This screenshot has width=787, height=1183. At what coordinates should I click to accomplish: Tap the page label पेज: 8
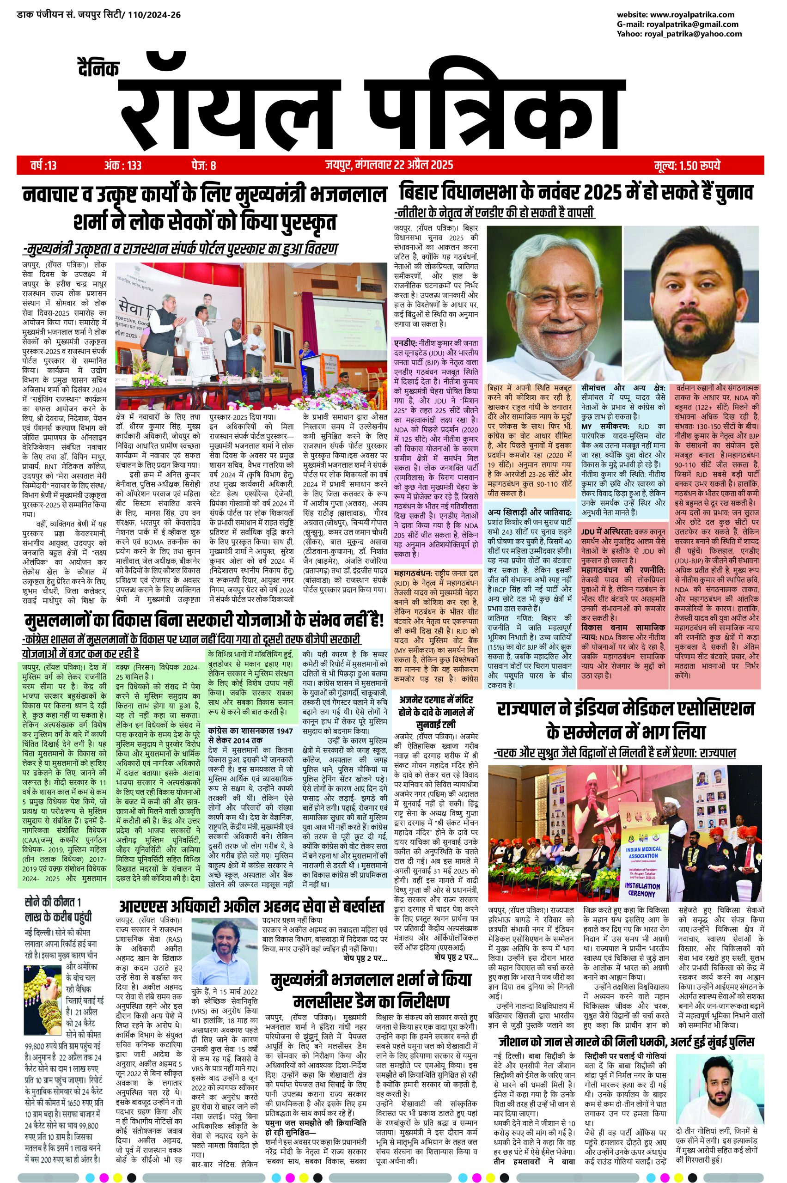coord(203,165)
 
